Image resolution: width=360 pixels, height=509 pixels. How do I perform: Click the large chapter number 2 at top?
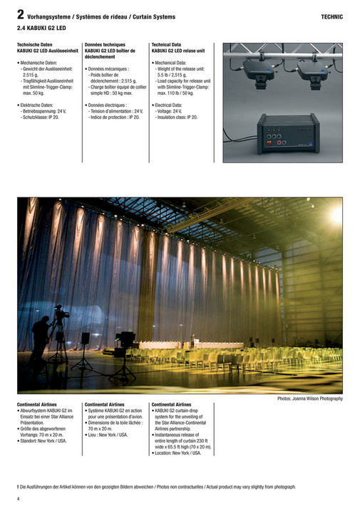click(x=21, y=14)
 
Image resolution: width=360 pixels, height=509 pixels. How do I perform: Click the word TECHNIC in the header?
click(x=331, y=16)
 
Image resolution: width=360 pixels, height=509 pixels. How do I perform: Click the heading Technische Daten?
click(x=35, y=45)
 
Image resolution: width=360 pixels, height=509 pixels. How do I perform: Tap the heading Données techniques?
click(x=105, y=45)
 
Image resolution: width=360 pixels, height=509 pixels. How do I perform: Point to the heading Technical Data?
click(x=170, y=45)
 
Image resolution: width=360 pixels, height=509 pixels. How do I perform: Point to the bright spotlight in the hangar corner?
click(x=335, y=215)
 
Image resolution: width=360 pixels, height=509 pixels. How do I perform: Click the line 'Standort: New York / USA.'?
click(x=43, y=441)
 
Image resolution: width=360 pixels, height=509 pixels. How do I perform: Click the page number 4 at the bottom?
click(x=19, y=498)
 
